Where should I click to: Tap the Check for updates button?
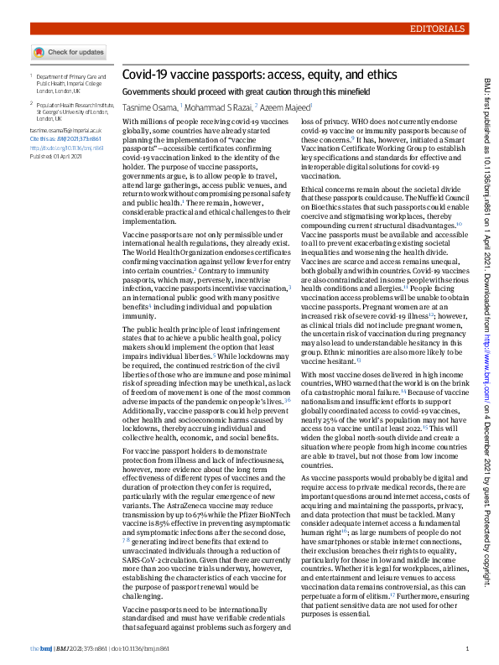click(69, 52)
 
